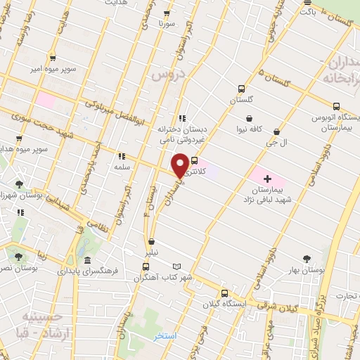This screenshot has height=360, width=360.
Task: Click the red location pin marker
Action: [181, 165]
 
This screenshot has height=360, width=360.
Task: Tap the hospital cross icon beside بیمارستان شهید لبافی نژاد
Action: [267, 179]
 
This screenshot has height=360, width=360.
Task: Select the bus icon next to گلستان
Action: [242, 89]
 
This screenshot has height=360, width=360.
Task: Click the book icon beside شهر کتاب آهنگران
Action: [177, 266]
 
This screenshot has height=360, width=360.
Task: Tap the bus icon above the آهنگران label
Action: [146, 266]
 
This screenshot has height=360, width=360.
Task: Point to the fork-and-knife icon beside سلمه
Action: [121, 156]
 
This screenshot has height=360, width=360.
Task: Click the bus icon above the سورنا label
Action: [167, 13]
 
